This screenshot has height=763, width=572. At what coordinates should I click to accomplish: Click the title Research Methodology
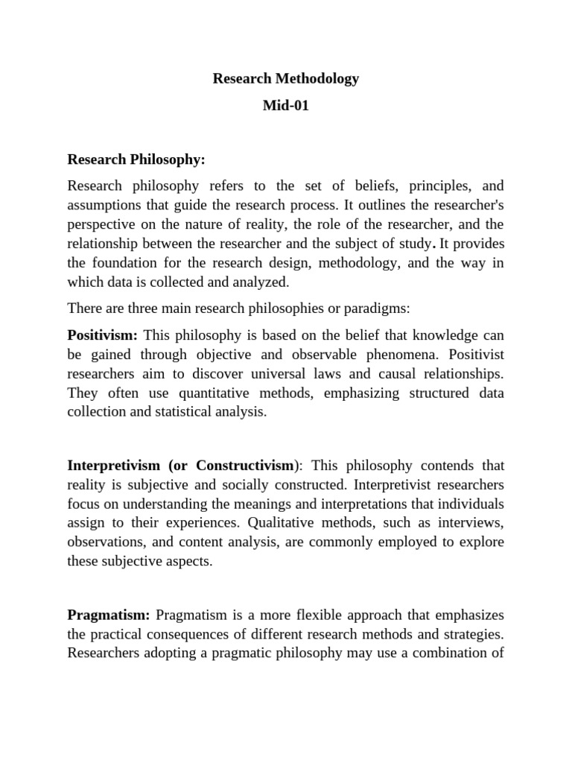[x=286, y=78]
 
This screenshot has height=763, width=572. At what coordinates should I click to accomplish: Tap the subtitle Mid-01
[x=286, y=105]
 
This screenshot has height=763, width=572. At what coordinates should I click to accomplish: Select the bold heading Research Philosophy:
[x=136, y=159]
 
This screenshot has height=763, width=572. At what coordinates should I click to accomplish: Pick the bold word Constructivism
[x=245, y=465]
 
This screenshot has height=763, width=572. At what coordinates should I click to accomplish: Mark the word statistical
[x=174, y=412]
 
